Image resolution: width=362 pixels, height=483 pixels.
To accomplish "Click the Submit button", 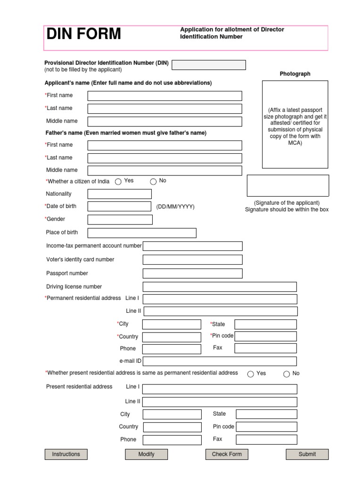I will coord(307,454).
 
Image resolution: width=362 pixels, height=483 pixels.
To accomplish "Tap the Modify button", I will coord(146,454).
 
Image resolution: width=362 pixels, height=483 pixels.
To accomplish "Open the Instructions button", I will coord(66,454).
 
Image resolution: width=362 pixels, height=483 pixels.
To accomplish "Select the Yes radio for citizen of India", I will coord(118,182).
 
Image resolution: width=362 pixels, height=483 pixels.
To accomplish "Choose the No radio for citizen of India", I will coord(153,182).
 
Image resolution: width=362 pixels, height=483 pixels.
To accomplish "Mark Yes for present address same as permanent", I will coord(251,374).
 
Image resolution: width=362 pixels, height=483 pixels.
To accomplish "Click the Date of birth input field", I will coord(119,206).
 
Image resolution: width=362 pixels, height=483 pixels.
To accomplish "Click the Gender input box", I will coord(120,219).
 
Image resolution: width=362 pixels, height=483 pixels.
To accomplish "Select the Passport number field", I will coord(192,273).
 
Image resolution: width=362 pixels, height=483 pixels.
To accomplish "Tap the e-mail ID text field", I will coord(219,361).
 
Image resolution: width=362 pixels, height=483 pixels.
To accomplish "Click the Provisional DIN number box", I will coord(209,65).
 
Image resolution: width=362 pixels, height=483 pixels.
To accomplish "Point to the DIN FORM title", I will coord(83,34).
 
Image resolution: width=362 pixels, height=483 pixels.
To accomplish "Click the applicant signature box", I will coord(288,185).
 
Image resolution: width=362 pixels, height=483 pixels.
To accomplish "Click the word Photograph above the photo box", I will coord(295,74).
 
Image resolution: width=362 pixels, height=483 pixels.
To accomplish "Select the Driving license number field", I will coord(219,287).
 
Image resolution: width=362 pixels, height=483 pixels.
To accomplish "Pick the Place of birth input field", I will coord(142,233).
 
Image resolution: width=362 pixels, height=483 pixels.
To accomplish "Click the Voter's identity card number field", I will coord(192,259).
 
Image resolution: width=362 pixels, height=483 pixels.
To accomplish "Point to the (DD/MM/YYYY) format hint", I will coord(175,207).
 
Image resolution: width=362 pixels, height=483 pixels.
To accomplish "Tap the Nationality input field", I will coord(119,194).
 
